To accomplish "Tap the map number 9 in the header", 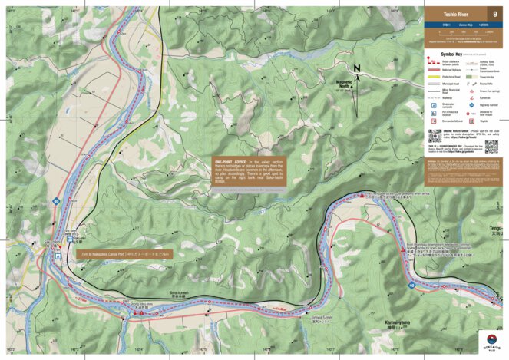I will [x=494, y=13].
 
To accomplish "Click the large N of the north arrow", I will [x=357, y=68].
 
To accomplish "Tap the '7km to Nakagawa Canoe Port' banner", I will [x=124, y=253].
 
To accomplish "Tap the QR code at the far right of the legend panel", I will [x=491, y=146].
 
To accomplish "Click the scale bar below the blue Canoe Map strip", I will [x=461, y=33].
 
